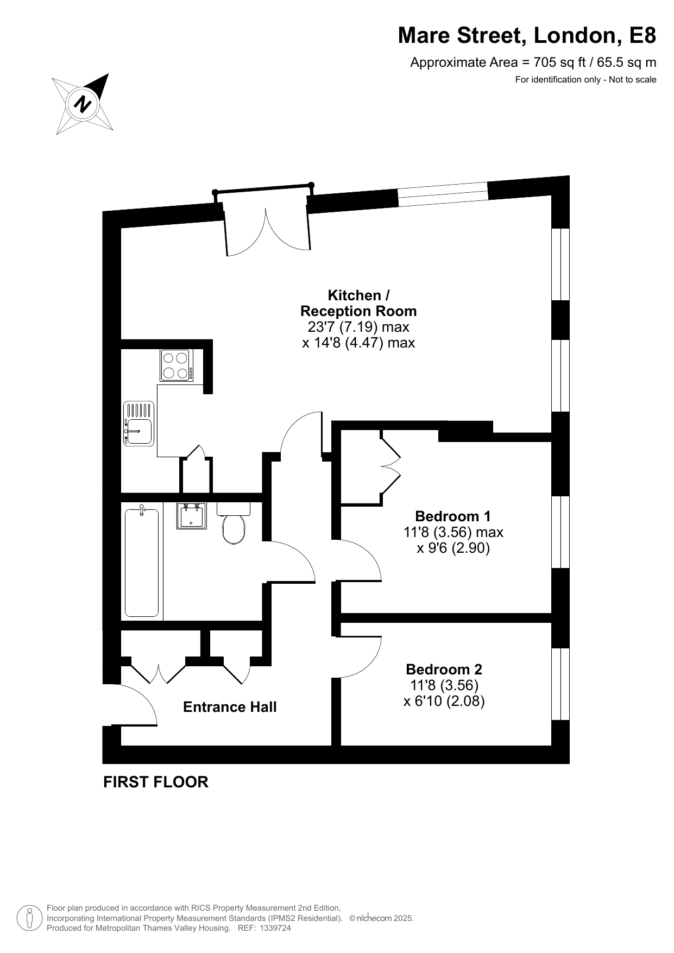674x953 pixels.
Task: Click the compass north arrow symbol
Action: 83,104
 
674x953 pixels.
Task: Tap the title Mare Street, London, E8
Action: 527,35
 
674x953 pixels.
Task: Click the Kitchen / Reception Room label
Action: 358,303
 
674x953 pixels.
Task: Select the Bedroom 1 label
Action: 453,516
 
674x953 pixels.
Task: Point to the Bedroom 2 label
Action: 444,669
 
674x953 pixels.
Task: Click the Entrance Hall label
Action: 230,707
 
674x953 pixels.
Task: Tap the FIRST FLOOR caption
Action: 156,782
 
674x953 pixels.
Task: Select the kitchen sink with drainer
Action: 139,424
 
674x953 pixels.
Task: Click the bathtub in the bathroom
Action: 142,562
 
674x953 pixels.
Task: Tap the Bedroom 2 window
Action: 560,684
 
